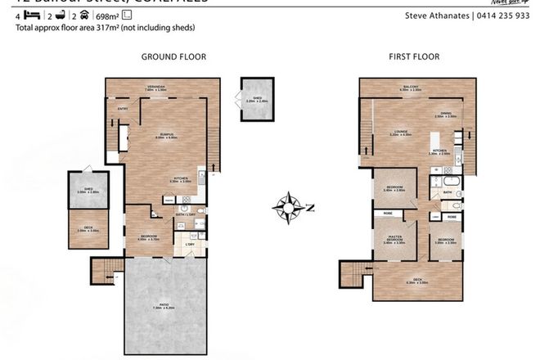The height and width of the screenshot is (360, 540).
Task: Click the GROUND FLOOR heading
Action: pyautogui.click(x=173, y=57)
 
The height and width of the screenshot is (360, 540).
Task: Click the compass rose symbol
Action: pyautogui.click(x=290, y=206)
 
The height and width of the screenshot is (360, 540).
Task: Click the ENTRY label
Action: pyautogui.click(x=123, y=107)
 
